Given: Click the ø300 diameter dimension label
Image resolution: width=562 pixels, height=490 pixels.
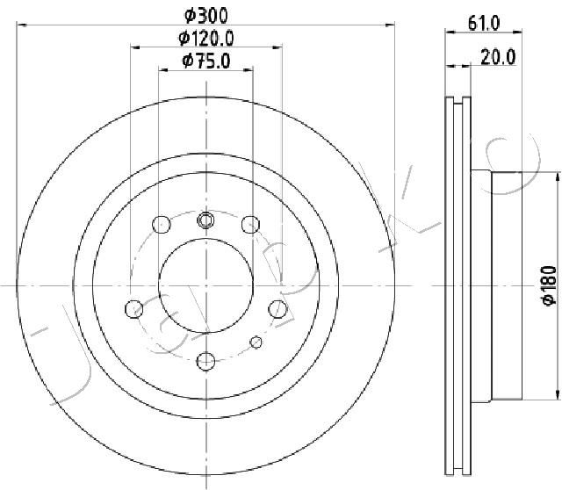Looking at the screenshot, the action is [206, 16].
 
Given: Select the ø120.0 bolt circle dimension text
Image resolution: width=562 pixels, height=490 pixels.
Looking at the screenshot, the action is [206, 38].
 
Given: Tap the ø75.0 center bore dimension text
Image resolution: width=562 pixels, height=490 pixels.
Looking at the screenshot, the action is [206, 61].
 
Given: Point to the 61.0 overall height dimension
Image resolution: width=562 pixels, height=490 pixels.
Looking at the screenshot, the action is [484, 24].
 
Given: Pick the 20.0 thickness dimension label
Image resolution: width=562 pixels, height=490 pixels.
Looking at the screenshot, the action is [498, 57].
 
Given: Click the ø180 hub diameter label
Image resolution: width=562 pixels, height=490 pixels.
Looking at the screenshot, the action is [550, 285].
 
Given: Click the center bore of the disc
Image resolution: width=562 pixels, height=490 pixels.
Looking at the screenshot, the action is [206, 285].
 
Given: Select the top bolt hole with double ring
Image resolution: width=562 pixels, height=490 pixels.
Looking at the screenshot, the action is [205, 220].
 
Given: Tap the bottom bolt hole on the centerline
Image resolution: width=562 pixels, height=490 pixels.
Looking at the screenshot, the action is [206, 361].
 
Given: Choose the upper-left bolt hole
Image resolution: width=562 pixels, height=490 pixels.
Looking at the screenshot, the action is [162, 225].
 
